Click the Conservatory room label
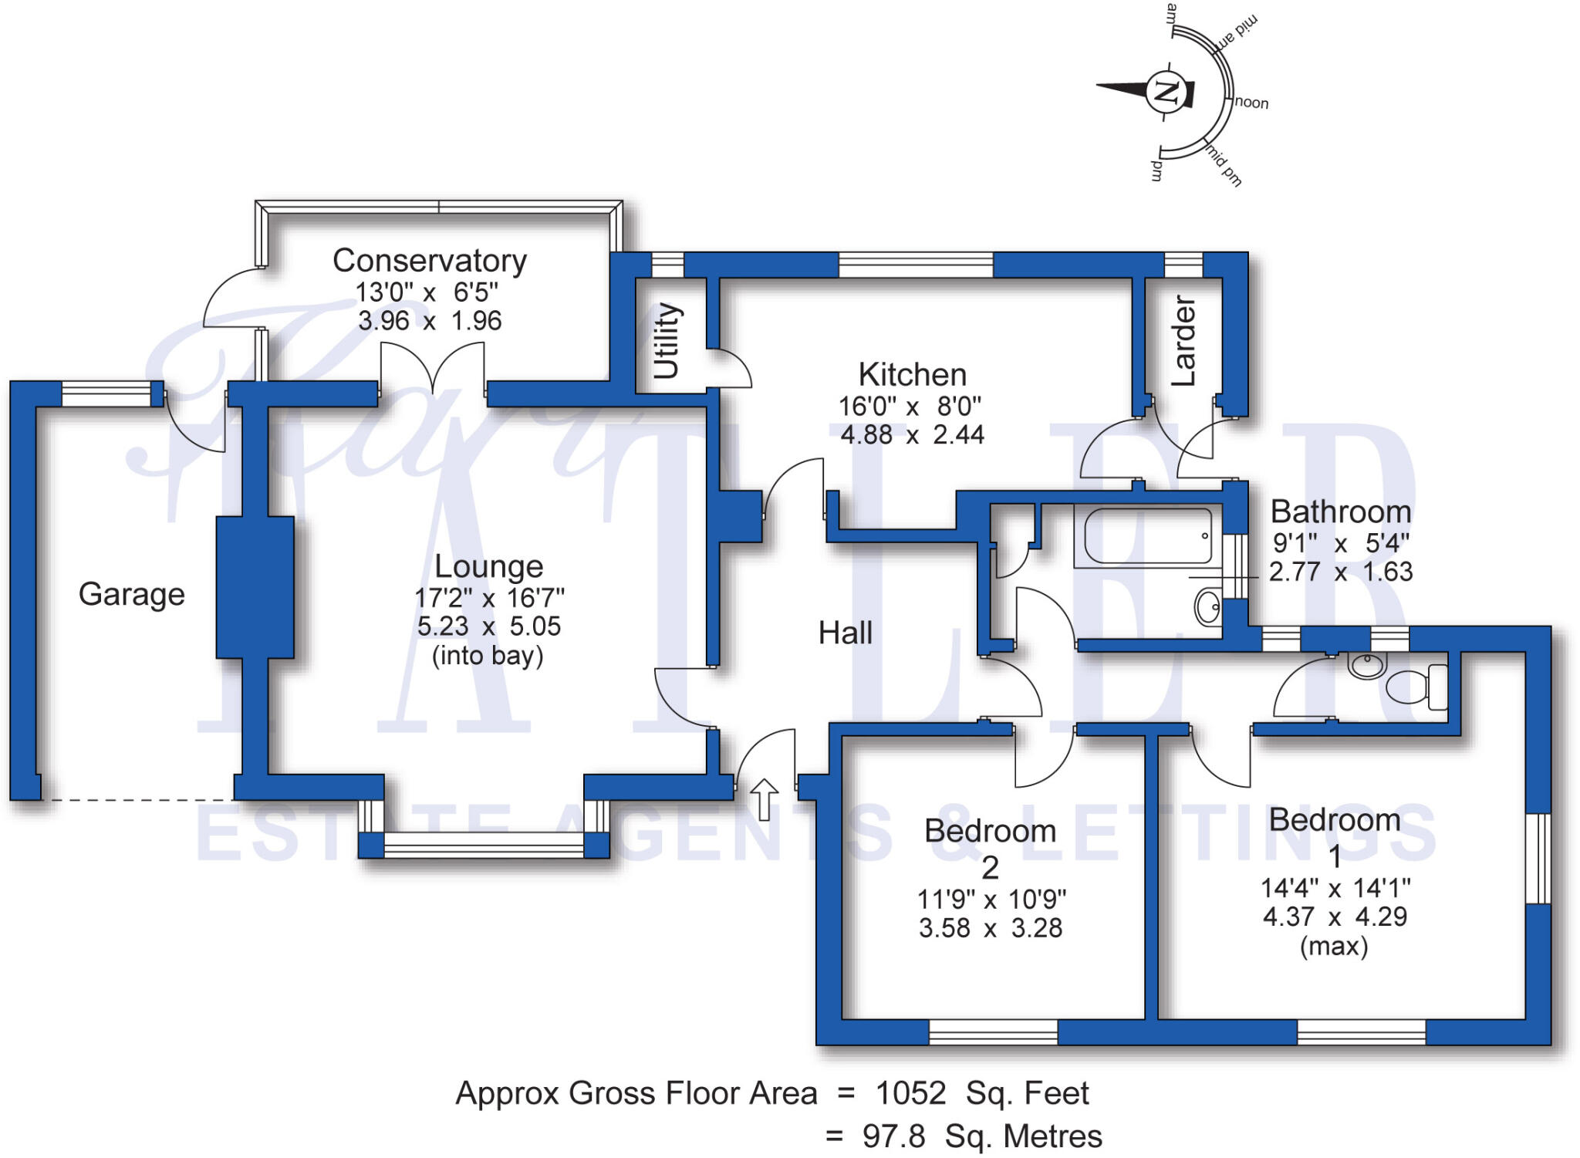click(x=429, y=261)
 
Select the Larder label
click(x=1183, y=340)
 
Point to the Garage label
click(x=132, y=594)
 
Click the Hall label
click(x=845, y=633)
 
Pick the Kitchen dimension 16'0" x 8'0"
click(x=910, y=406)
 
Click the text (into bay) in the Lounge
click(x=488, y=656)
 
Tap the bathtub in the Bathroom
click(x=1147, y=535)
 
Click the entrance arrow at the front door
click(x=764, y=799)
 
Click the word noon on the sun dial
click(x=1251, y=103)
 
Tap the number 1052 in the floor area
click(x=910, y=1093)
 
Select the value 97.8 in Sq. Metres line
click(x=893, y=1136)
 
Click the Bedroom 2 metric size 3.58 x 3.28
click(x=991, y=928)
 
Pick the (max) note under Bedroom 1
click(x=1334, y=946)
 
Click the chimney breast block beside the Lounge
click(x=255, y=587)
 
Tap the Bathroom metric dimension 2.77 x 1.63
click(x=1341, y=572)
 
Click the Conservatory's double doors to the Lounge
click(x=433, y=370)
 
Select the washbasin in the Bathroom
click(x=1208, y=606)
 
